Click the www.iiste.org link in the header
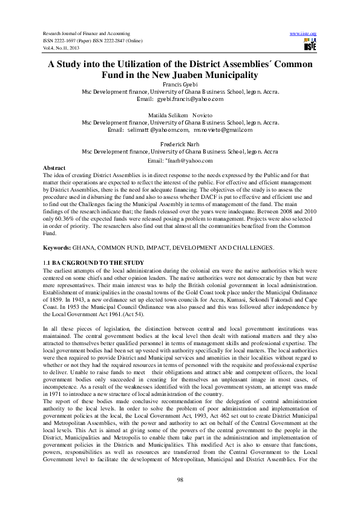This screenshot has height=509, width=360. point(304,33)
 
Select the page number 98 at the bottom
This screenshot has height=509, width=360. point(180,479)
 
